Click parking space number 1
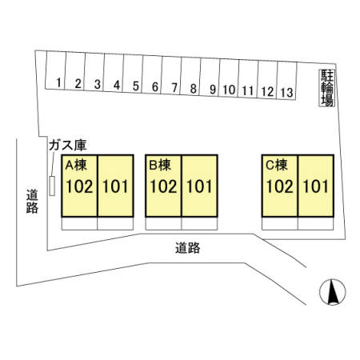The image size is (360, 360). tap(55, 70)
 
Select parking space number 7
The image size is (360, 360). tap(171, 75)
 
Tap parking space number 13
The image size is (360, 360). tap(287, 81)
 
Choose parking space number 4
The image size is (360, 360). tap(114, 73)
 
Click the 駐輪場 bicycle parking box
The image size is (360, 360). tap(327, 88)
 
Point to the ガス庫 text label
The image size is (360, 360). tap(68, 146)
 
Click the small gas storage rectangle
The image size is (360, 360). tap(52, 186)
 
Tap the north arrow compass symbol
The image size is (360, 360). tap(333, 292)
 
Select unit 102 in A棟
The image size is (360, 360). tap(79, 186)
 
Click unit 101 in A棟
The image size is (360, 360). tap(115, 186)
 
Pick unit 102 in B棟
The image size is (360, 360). tap(163, 186)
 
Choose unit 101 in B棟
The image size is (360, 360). tap(199, 186)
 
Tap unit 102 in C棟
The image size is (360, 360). tap(280, 186)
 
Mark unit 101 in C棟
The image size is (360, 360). tap(316, 186)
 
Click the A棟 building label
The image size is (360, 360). tap(76, 166)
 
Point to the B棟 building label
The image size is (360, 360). tap(160, 166)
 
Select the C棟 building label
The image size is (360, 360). tap(277, 166)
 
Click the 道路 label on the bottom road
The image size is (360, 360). tap(188, 248)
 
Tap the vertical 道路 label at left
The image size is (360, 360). tap(32, 202)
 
